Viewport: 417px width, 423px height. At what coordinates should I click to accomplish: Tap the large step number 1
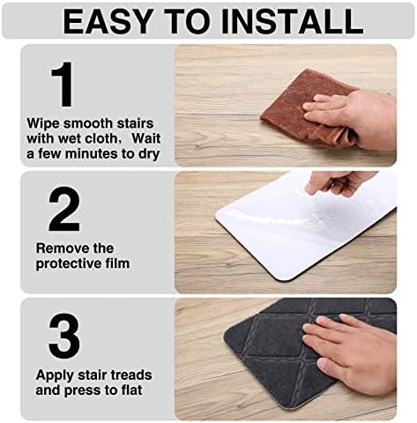pos(62,85)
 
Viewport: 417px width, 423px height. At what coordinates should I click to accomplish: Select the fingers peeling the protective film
pos(339,182)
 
